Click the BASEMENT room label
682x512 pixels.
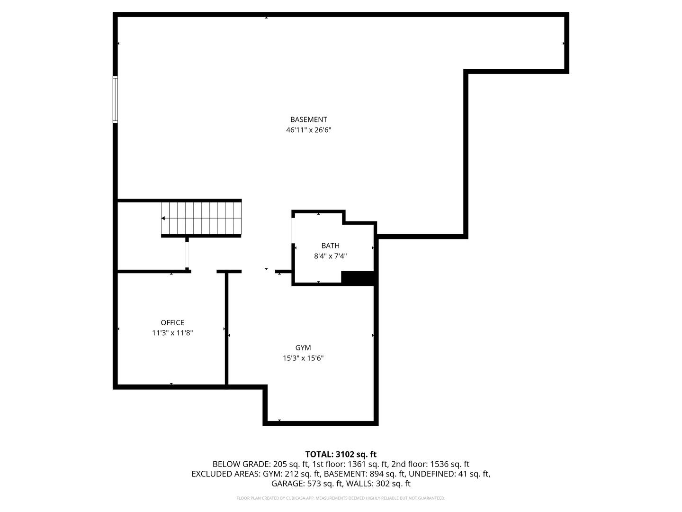pyautogui.click(x=308, y=119)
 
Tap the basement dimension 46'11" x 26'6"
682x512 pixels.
pyautogui.click(x=308, y=130)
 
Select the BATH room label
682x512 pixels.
pyautogui.click(x=330, y=246)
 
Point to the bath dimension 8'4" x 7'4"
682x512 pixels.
pyautogui.click(x=330, y=256)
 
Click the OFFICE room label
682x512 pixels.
pyautogui.click(x=172, y=323)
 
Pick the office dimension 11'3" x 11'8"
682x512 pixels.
pyautogui.click(x=172, y=333)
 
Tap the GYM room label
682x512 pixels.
pyautogui.click(x=303, y=348)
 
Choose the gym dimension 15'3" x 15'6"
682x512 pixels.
pyautogui.click(x=303, y=358)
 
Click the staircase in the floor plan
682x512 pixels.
pyautogui.click(x=201, y=218)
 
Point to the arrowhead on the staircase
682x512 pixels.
pyautogui.click(x=163, y=218)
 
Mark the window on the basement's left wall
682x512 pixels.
pyautogui.click(x=115, y=100)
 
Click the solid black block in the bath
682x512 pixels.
pyautogui.click(x=358, y=278)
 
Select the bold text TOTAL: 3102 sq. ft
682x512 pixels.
pyautogui.click(x=341, y=454)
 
